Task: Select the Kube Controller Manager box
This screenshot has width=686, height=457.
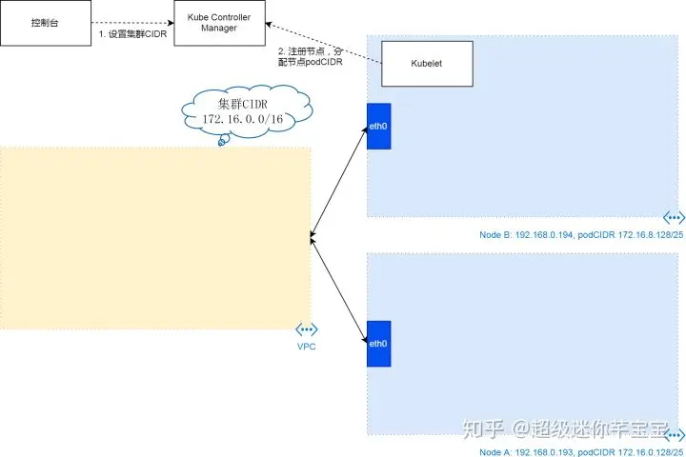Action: (x=218, y=23)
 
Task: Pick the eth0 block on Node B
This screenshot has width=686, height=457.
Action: (x=379, y=126)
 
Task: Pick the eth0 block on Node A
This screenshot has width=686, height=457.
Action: (x=379, y=344)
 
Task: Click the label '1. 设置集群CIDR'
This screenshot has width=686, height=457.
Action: (x=133, y=34)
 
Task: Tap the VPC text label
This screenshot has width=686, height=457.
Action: (x=306, y=347)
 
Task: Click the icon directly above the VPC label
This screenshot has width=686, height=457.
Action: (x=306, y=328)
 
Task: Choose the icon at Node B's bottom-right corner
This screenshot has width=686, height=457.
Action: (x=674, y=218)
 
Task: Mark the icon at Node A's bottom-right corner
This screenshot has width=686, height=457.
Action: (x=674, y=433)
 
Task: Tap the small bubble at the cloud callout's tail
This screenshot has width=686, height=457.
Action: (x=223, y=142)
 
